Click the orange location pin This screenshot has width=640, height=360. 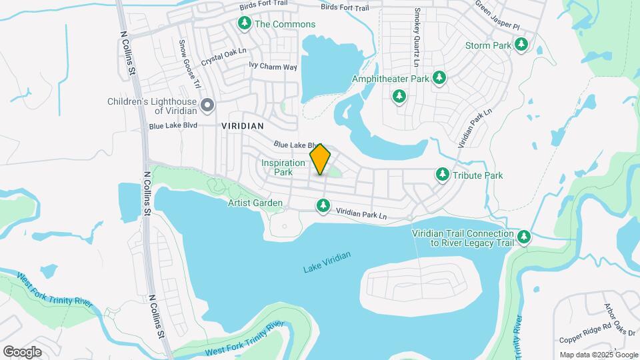(320, 159)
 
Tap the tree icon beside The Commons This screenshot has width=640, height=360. (245, 25)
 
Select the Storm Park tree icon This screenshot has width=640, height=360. (522, 45)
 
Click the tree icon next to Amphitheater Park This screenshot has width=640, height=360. (439, 79)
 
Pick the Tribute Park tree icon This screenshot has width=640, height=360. (442, 175)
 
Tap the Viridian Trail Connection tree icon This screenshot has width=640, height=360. (524, 237)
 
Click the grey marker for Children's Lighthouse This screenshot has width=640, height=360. (207, 105)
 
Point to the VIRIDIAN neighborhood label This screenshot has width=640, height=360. (243, 125)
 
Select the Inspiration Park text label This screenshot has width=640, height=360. (277, 167)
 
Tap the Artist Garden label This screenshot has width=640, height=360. (255, 203)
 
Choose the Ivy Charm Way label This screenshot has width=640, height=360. (273, 67)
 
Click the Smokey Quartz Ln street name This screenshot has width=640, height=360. (417, 37)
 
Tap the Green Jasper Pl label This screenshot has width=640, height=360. (497, 15)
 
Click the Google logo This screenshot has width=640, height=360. (23, 351)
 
